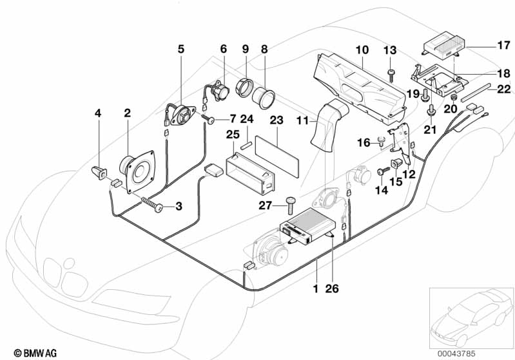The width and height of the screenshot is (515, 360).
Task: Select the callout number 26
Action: click(x=333, y=289)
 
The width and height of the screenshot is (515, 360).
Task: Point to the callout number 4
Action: click(x=98, y=113)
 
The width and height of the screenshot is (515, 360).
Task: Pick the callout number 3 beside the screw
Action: click(x=178, y=207)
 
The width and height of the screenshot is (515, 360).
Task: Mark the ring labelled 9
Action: click(x=246, y=86)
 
